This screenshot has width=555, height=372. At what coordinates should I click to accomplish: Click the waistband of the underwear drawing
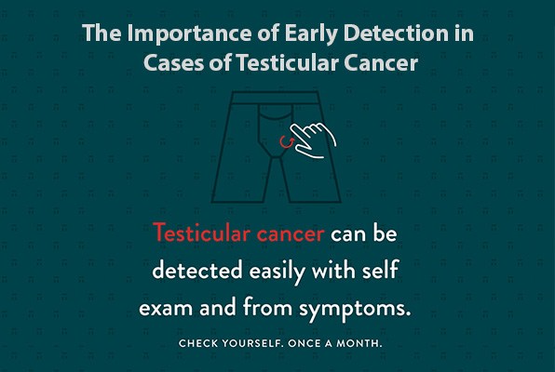pos(276,96)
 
